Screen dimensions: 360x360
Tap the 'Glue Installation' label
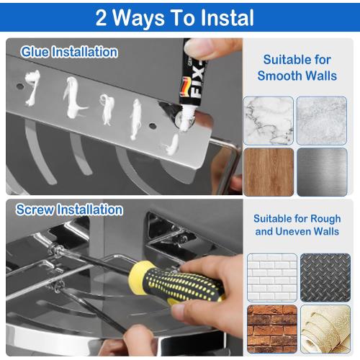(x=69, y=52)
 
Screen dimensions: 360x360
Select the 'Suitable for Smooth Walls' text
(x=296, y=67)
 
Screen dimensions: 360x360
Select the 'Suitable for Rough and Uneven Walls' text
(x=297, y=225)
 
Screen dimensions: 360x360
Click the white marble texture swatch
(x=268, y=120)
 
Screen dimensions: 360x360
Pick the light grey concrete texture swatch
(x=322, y=120)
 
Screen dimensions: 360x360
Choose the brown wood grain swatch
(x=268, y=171)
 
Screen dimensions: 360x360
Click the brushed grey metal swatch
(x=322, y=171)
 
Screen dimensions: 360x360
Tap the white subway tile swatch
(x=271, y=277)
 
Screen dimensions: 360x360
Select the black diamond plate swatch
(x=325, y=277)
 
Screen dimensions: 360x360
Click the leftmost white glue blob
(x=30, y=81)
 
